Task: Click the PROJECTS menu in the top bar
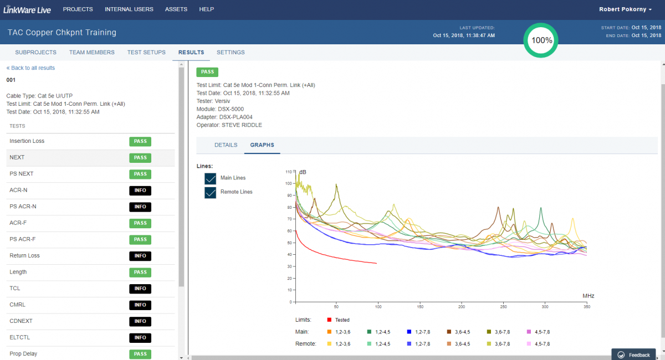pos(78,9)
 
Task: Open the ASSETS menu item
pos(176,9)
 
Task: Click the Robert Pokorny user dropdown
pos(625,9)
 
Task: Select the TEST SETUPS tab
pos(146,52)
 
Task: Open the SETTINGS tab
pos(231,52)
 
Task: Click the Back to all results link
pos(30,68)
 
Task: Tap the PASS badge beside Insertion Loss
pos(140,141)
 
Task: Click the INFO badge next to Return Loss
pos(140,256)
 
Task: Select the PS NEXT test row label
pos(22,173)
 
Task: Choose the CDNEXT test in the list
pos(21,321)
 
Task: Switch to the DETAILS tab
pos(226,145)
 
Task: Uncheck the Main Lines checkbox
pos(210,179)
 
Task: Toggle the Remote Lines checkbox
pos(210,193)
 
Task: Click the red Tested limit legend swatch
pos(329,320)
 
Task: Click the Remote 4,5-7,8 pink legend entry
pos(539,344)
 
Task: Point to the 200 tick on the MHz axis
pos(461,307)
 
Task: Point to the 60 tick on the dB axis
pos(289,230)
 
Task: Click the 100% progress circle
pos(541,40)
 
